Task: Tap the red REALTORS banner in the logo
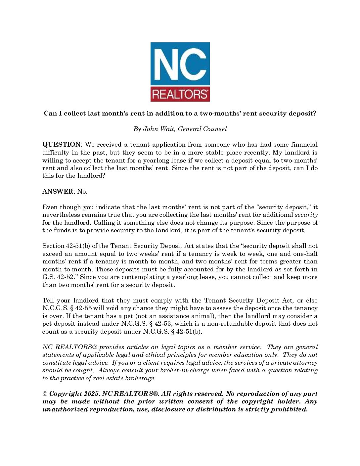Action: [180, 94]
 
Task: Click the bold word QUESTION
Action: [62, 145]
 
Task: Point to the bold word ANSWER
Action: [58, 192]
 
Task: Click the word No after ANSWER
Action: [82, 192]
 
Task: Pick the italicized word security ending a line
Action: [306, 215]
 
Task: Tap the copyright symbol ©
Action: [45, 394]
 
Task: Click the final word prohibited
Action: [289, 409]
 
